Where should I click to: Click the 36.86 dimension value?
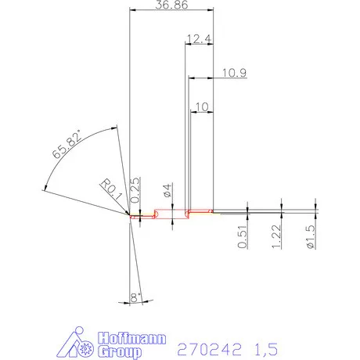[171, 5]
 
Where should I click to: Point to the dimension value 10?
[200, 106]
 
